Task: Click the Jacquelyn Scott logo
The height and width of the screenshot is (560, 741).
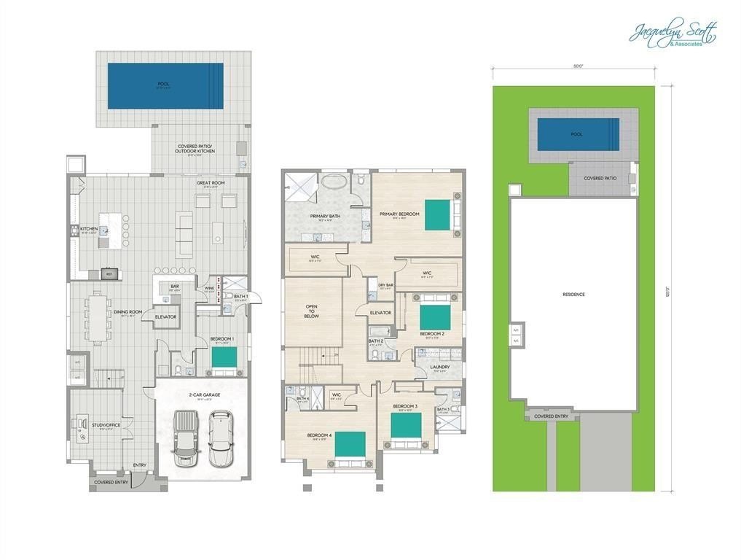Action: tap(672, 34)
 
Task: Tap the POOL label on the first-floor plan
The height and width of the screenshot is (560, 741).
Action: tap(163, 84)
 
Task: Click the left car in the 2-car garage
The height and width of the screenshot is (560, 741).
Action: tap(186, 438)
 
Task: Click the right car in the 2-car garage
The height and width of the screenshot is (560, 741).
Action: tap(219, 438)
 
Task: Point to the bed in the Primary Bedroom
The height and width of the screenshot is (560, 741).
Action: tap(438, 214)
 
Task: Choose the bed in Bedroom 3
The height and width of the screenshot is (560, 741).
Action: tap(405, 426)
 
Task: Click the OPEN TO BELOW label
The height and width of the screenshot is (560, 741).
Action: tap(311, 313)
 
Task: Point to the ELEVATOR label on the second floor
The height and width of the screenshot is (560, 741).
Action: tap(380, 313)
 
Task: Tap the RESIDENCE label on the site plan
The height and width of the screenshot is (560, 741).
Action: tap(573, 295)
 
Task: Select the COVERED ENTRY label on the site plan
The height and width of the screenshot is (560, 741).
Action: tap(552, 416)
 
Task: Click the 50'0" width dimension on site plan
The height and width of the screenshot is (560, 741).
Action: tap(577, 66)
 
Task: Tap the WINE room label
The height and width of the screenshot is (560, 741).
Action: tap(210, 289)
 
